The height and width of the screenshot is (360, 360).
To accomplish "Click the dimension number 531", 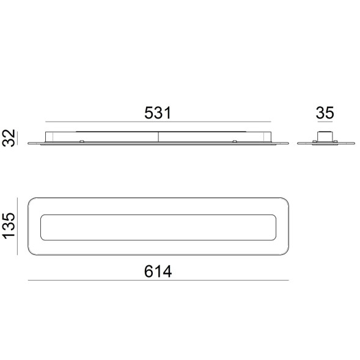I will click(x=157, y=113).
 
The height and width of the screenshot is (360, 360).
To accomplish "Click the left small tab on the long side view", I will click(x=82, y=142).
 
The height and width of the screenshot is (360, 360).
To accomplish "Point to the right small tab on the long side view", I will click(x=235, y=142).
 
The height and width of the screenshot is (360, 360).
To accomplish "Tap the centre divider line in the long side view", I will click(x=158, y=138).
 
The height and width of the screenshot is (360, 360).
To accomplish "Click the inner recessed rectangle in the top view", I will click(x=158, y=227).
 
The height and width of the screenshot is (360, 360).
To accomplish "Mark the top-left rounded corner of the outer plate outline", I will click(x=33, y=201).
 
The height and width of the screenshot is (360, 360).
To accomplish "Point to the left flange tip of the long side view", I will click(x=31, y=144).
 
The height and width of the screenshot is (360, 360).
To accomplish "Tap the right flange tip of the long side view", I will click(x=287, y=144).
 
